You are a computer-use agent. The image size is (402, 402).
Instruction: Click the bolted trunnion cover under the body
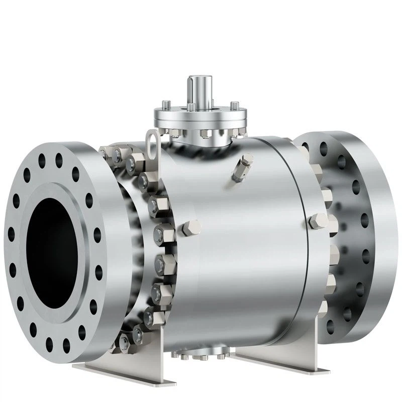tap(201, 354)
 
